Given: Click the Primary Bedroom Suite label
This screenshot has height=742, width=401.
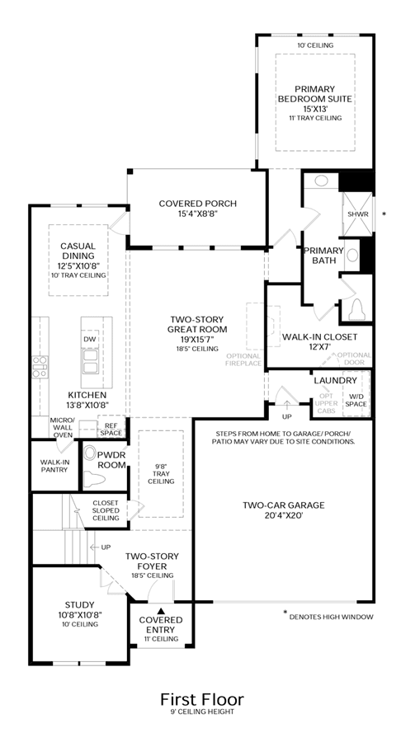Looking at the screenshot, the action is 314,94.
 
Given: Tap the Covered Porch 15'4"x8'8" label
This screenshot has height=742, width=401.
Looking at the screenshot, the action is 198,209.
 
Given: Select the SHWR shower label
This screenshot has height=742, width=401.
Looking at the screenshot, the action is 358,214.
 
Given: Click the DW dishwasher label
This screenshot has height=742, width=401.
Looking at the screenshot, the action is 89,339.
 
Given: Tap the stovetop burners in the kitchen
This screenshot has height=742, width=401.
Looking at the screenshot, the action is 40,367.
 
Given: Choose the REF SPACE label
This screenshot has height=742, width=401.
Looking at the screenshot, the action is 111,430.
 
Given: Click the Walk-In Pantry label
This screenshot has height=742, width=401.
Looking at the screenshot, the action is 54,466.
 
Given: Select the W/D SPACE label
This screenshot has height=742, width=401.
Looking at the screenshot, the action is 356,400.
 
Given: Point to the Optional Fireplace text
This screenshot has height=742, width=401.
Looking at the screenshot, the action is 243,359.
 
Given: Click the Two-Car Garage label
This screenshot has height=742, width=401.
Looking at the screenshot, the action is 284,510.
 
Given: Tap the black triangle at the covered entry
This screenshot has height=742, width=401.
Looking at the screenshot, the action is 161,611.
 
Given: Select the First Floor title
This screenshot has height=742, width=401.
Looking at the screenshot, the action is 201,699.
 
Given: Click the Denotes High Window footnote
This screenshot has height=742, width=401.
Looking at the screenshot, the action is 331,617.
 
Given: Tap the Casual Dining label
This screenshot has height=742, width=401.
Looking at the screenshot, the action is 78,260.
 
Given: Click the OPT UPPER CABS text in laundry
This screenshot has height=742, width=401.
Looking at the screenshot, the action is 326,403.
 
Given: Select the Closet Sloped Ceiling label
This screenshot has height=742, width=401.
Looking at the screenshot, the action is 106,510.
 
